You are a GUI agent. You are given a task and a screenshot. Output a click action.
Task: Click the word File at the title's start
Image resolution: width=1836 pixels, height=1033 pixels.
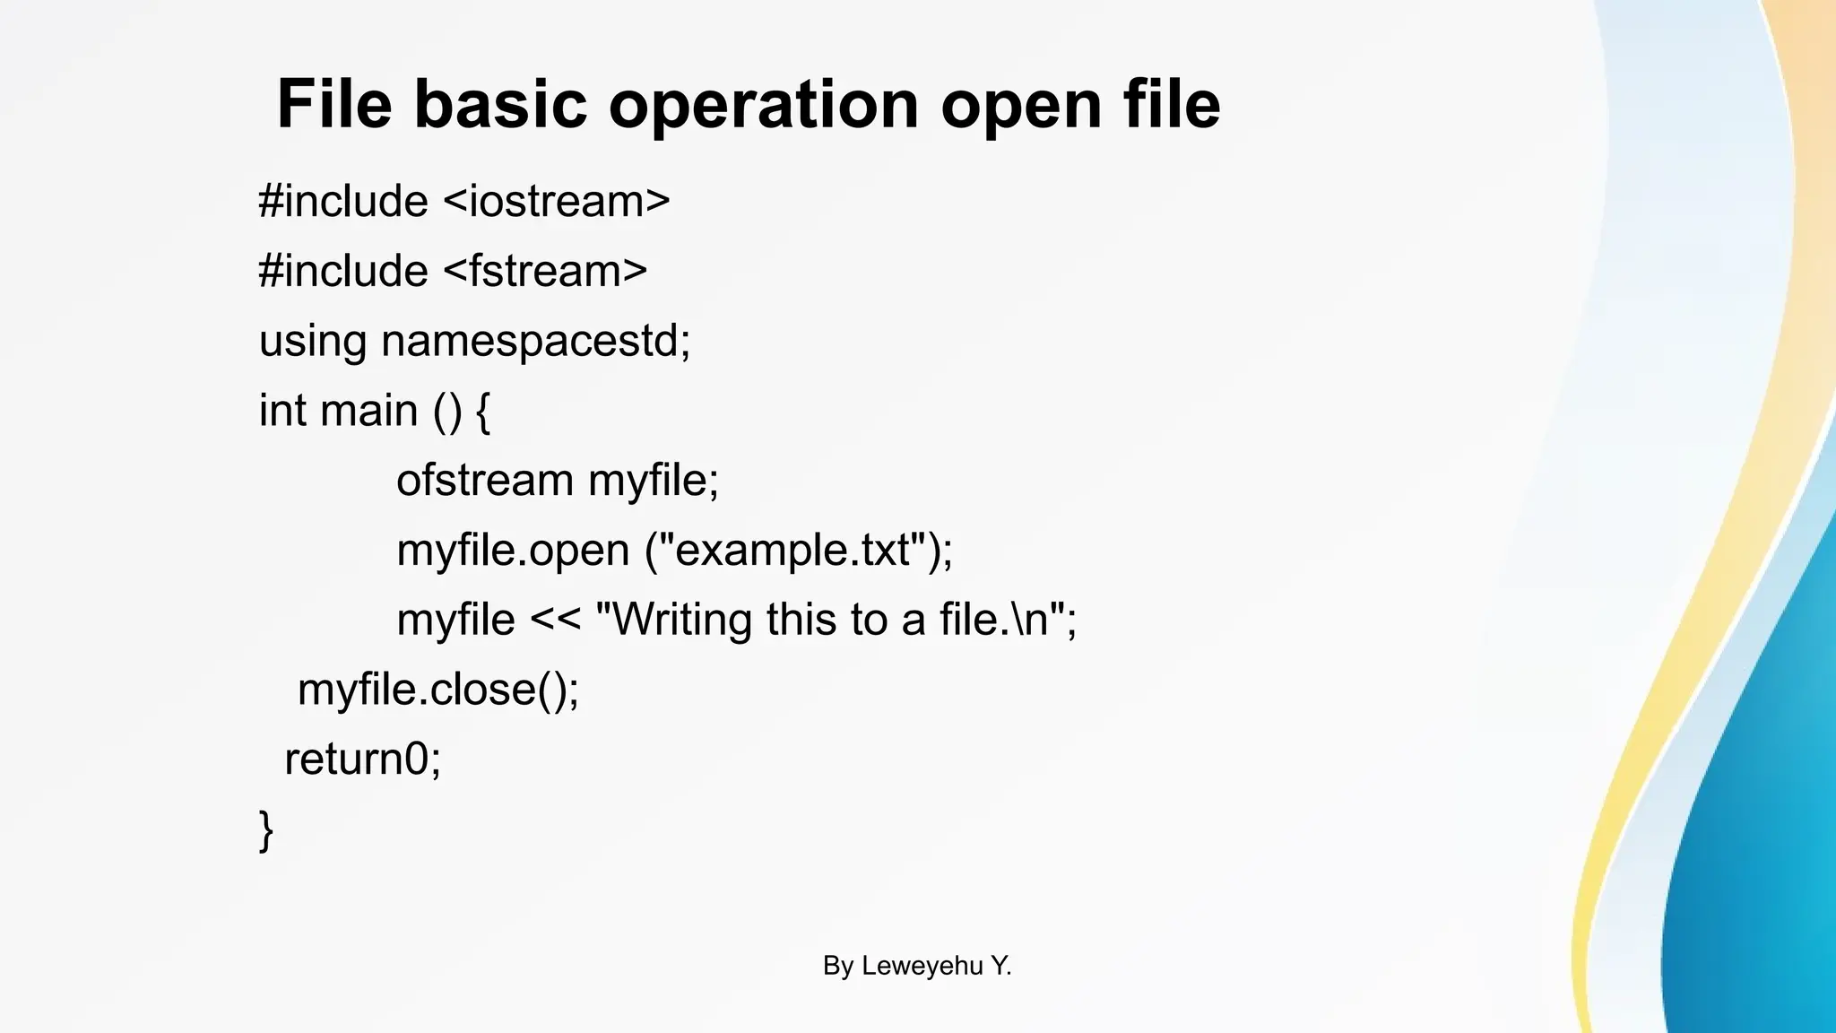(333, 104)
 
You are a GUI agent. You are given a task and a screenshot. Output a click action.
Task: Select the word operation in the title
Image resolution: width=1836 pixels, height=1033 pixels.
(764, 106)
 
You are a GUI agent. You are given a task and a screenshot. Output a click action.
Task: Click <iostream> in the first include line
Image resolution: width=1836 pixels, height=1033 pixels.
(557, 201)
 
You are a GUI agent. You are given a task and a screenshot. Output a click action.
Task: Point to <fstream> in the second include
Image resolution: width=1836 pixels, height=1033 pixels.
(545, 271)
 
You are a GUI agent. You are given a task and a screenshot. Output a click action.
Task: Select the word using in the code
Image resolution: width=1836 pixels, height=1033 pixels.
(313, 342)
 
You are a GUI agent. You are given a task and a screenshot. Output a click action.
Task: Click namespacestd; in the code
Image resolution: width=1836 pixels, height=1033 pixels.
(536, 342)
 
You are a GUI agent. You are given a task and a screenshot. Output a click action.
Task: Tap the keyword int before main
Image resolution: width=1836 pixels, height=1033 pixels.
(282, 411)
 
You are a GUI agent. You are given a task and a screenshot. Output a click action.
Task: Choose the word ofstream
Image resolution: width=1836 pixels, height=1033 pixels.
(485, 481)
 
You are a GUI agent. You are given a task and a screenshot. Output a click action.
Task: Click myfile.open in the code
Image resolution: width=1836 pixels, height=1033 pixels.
(513, 551)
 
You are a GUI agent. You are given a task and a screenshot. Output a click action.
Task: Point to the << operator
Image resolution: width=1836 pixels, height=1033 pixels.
(556, 621)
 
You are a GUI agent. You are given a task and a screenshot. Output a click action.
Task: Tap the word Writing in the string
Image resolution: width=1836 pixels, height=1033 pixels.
(682, 620)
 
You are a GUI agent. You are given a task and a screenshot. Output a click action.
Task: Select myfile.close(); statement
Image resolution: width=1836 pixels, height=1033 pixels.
(438, 690)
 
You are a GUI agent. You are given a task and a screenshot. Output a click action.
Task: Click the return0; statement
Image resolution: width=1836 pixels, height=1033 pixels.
(363, 760)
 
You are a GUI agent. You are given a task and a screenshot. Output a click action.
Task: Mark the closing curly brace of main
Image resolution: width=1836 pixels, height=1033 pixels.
(265, 830)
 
